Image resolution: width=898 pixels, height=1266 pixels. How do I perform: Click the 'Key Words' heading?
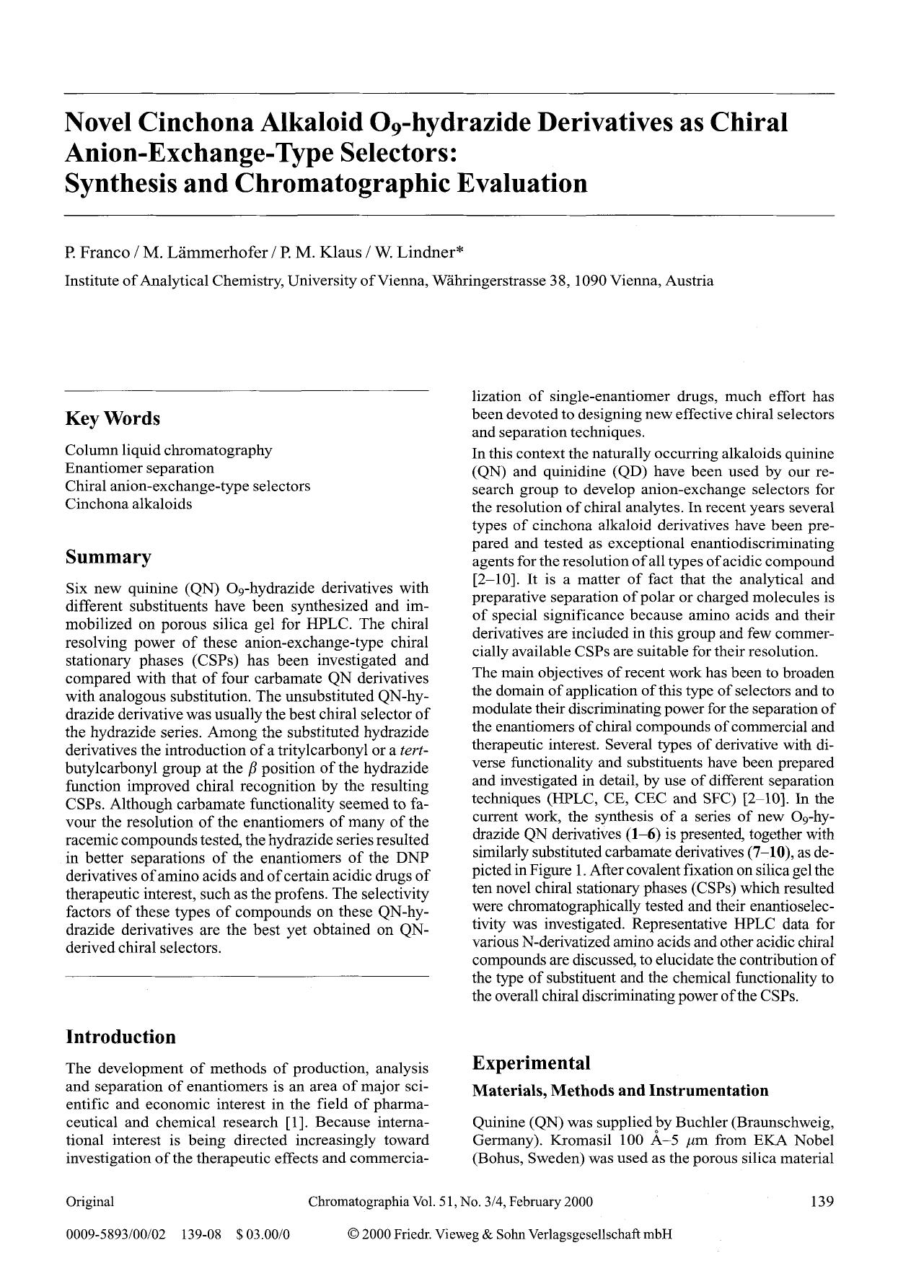pyautogui.click(x=113, y=419)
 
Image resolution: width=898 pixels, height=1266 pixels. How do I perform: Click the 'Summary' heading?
pyautogui.click(x=108, y=557)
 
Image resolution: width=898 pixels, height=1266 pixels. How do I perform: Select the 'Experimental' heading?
pyautogui.click(x=531, y=1063)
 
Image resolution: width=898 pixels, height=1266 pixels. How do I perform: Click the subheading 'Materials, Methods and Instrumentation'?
pyautogui.click(x=620, y=1090)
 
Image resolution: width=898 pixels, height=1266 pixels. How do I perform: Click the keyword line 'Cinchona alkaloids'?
pyautogui.click(x=128, y=504)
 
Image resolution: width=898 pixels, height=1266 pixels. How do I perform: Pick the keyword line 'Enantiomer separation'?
pyautogui.click(x=139, y=467)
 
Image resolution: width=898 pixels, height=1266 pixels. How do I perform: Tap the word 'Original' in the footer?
pyautogui.click(x=89, y=1201)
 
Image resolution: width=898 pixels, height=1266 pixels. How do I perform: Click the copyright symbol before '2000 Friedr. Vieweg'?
pyautogui.click(x=353, y=1234)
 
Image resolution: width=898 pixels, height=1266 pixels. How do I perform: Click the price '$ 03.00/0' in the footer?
pyautogui.click(x=263, y=1234)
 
